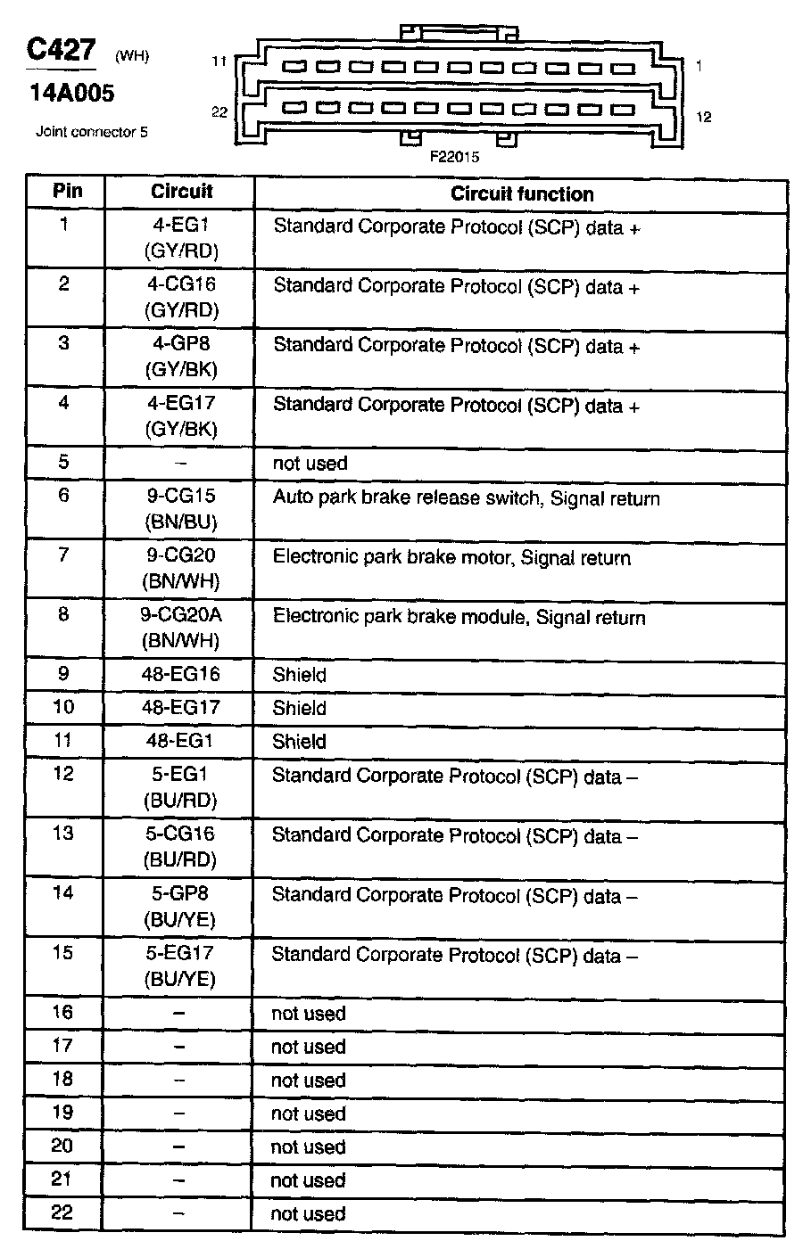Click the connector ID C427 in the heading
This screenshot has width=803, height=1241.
(x=61, y=49)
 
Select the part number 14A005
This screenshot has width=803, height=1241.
(x=70, y=93)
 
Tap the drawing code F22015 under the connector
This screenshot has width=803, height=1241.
(x=454, y=157)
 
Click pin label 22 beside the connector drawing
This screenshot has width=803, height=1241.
(x=219, y=111)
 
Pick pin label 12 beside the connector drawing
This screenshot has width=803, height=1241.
(x=703, y=117)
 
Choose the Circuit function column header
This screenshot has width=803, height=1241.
(x=521, y=193)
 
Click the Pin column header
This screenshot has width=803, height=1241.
(x=67, y=191)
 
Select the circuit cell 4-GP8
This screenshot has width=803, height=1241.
(x=180, y=343)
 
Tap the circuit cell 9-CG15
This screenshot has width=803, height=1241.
(x=180, y=497)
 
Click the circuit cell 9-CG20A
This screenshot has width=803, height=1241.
(x=180, y=615)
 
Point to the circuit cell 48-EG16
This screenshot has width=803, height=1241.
(x=180, y=674)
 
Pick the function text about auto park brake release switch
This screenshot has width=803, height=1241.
(x=466, y=497)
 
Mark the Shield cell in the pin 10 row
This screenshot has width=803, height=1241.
(x=299, y=708)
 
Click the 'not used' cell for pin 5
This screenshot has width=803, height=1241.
(x=310, y=464)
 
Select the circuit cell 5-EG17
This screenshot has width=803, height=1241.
(x=180, y=953)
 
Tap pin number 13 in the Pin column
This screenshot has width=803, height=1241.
(x=63, y=834)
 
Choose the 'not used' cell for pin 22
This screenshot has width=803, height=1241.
(x=308, y=1213)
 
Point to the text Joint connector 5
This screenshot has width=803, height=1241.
(x=91, y=132)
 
